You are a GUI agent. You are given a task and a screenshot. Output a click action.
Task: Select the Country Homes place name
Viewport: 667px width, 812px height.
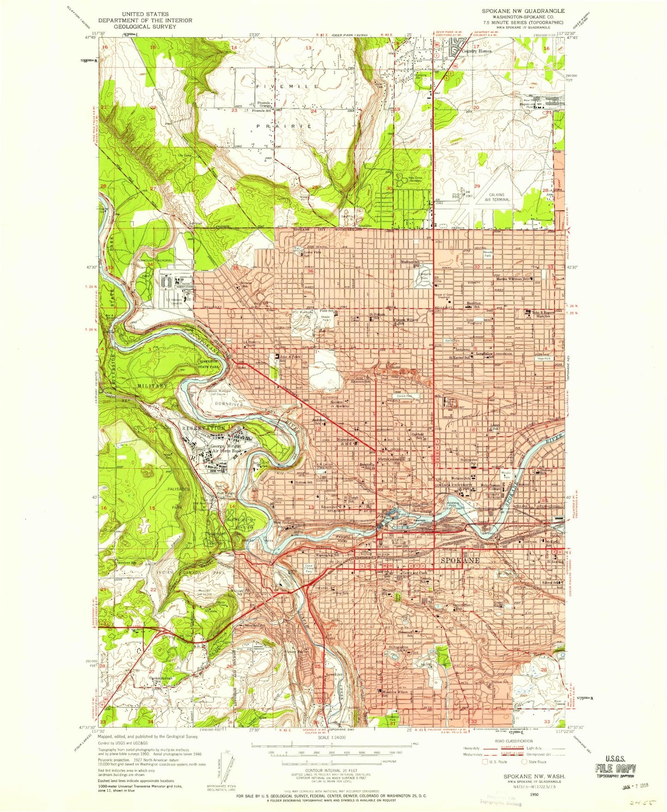pos(477,51)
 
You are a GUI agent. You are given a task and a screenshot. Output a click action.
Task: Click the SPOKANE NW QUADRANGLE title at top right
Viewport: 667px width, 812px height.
pos(523,11)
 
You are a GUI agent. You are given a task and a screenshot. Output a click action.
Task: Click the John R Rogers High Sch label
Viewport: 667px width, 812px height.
pos(542,314)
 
